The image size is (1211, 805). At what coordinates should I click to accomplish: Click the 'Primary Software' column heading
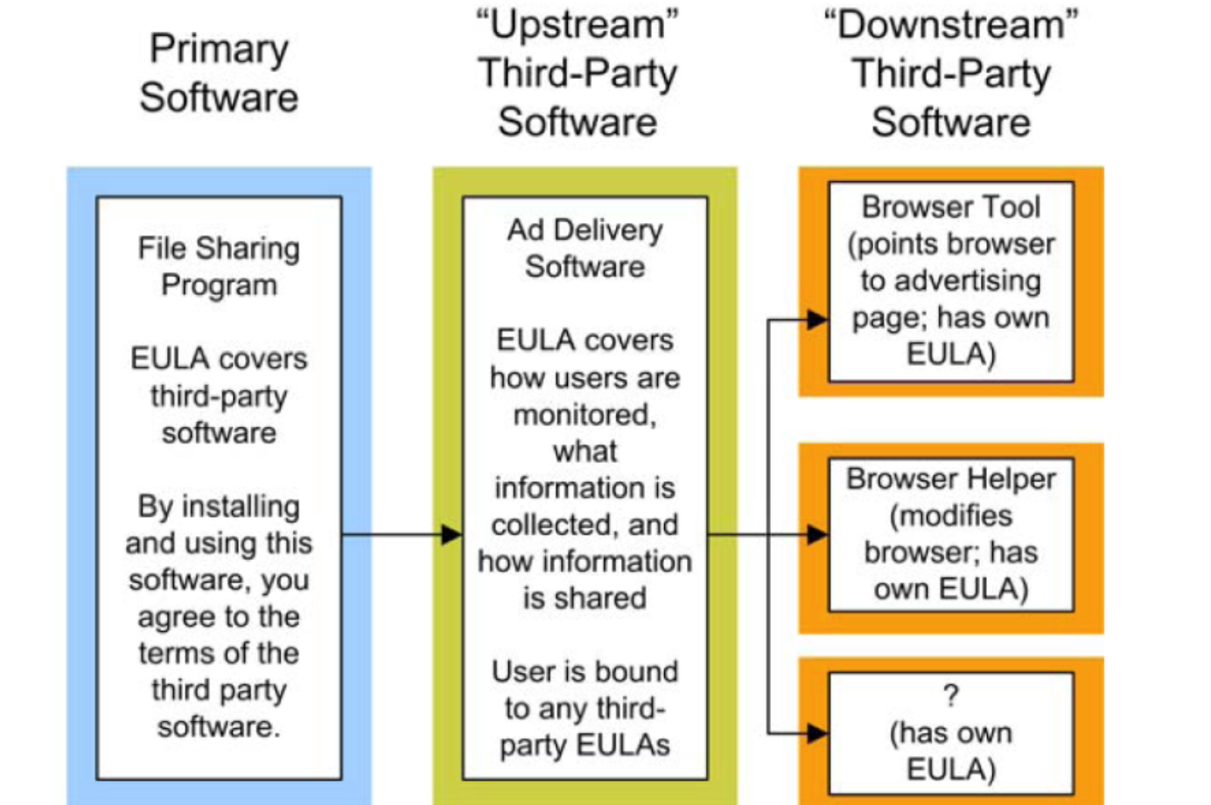pos(219,73)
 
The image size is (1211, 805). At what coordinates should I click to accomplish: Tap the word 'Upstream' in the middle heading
pos(577,24)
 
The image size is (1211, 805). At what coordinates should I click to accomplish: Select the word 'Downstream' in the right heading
pos(951,24)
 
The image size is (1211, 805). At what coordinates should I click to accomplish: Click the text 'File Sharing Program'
pos(219,266)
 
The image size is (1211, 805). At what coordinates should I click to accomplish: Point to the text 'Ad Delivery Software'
pos(584,248)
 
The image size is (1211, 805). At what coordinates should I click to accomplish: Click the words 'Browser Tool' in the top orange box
pos(951,207)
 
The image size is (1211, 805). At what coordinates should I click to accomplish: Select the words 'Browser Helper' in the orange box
pos(951,479)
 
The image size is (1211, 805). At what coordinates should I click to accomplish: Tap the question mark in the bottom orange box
pos(951,696)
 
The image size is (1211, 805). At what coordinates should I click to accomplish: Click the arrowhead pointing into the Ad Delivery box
pos(451,535)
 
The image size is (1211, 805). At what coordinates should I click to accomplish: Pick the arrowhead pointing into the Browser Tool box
pos(817,319)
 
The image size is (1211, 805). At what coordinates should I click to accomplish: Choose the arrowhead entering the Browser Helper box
pos(817,535)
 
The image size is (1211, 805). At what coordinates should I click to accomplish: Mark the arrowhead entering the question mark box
pos(817,733)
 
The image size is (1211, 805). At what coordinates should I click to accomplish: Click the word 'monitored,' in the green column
pos(584,414)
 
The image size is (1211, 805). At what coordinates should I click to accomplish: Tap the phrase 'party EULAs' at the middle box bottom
pos(584,745)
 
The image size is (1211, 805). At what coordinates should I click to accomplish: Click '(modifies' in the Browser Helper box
pos(951,515)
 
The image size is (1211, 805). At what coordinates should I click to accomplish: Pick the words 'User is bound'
pos(584,671)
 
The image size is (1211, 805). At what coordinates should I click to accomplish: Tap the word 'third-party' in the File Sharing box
pos(219,395)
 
